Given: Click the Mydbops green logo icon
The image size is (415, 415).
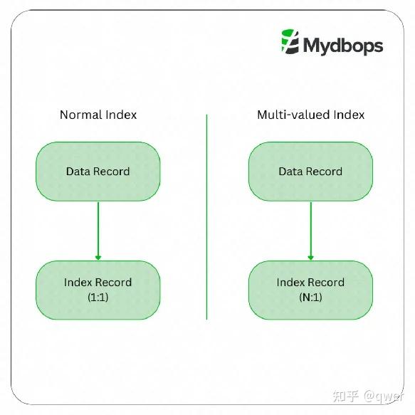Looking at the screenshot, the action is (290, 42).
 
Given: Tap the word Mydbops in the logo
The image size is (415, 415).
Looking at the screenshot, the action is (343, 46).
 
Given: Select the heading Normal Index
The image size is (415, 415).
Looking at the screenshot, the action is (98, 115).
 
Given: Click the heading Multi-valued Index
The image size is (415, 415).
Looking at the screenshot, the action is (311, 115).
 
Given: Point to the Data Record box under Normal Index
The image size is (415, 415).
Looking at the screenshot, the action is (98, 172).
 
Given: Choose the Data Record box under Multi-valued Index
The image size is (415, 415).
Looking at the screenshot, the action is (310, 172).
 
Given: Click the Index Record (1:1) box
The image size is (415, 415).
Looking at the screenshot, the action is (98, 290).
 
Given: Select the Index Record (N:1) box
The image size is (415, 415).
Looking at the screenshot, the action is (310, 290).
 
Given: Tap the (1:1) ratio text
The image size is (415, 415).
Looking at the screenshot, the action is (98, 298).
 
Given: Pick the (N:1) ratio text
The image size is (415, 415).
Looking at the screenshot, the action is (311, 298).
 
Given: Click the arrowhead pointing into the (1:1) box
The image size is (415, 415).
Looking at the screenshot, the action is (98, 258).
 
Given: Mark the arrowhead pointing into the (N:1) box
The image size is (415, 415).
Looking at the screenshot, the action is (311, 258).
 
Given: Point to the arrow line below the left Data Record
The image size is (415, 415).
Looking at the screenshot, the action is (98, 231).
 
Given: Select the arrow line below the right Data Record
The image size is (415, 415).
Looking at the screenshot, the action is (311, 231).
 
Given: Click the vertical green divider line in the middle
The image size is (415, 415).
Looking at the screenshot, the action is (206, 217).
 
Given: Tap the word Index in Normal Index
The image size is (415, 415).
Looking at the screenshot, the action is (121, 115).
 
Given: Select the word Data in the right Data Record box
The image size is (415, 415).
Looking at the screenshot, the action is (290, 172).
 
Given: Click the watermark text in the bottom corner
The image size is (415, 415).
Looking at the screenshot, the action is (368, 396).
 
